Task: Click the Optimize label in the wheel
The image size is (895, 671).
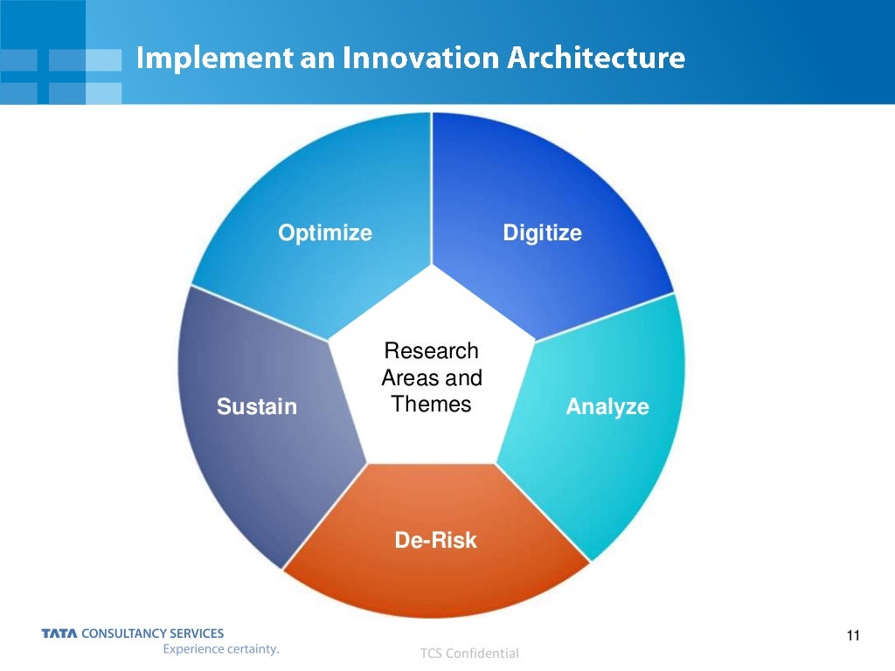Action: pos(325,233)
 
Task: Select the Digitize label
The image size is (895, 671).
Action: pos(542,233)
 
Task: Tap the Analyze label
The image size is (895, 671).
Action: pos(607,406)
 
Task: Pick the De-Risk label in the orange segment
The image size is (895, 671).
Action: pos(435,540)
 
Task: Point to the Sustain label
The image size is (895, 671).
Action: pos(257,406)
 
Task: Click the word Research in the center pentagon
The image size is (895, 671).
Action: pos(432,351)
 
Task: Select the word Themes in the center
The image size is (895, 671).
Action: pos(431,405)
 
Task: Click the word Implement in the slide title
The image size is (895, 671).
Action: pos(202,59)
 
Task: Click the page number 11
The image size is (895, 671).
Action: pos(854,635)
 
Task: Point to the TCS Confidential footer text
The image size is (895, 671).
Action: pos(469,654)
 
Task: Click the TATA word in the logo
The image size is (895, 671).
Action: pos(59,633)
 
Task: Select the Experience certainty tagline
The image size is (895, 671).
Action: pos(220,649)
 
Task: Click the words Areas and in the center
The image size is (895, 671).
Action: pos(432,378)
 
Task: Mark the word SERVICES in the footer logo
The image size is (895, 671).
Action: pos(197,633)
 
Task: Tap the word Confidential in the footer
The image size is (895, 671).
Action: pos(482,654)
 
